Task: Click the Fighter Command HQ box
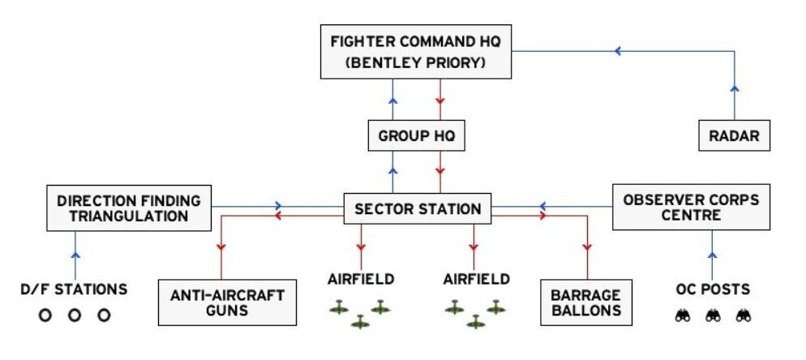click(417, 51)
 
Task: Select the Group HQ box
click(417, 136)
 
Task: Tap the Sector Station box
click(418, 208)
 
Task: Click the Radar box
click(735, 136)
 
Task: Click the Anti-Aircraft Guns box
click(227, 302)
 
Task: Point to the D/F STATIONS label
click(73, 289)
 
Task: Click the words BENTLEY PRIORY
click(418, 61)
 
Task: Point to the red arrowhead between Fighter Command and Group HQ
click(439, 101)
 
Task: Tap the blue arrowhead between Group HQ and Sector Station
click(393, 172)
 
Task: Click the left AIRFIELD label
click(361, 279)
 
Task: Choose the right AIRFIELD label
click(476, 279)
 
